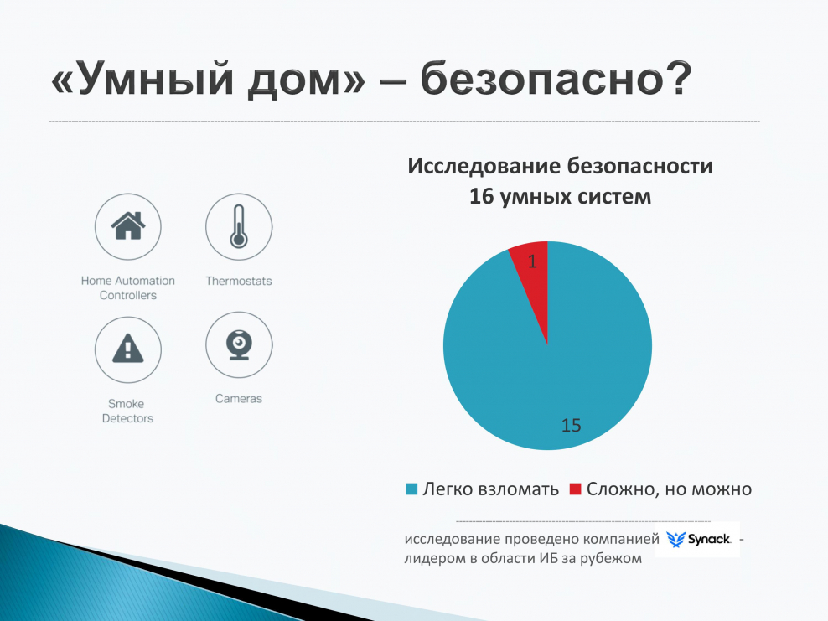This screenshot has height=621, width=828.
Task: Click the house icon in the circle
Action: pos(128,226)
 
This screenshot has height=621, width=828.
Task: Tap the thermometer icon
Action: pos(239,226)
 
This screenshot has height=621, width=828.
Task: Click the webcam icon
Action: pos(239,344)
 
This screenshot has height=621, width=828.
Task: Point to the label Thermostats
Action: pos(239,282)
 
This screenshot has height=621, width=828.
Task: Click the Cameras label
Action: pos(239,399)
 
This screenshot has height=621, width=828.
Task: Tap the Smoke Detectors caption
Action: pos(128,411)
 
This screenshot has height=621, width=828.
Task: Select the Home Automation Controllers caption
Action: pos(128,288)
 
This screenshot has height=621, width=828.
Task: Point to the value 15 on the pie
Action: pos(571,426)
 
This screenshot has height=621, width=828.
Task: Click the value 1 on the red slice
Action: pos(533,262)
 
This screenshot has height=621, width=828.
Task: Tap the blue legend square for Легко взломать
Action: pos(411,489)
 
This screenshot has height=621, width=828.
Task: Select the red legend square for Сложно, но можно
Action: pos(575,489)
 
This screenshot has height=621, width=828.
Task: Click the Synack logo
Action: pos(696,539)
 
